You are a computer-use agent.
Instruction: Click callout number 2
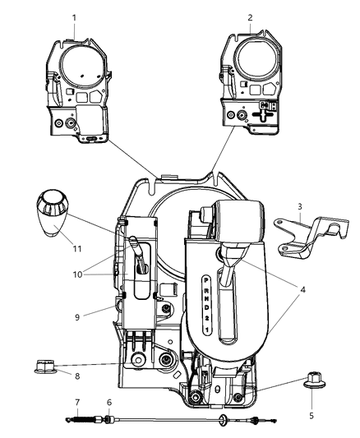tap(250, 17)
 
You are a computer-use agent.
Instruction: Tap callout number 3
tap(299, 205)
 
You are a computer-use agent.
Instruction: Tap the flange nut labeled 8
tap(44, 364)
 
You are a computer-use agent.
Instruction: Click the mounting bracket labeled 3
tap(306, 236)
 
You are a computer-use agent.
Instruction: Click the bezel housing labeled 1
tap(78, 86)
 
